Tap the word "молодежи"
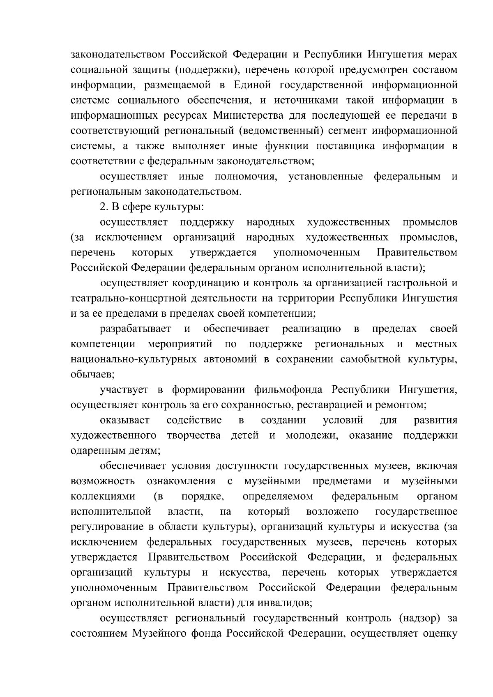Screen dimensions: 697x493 [312, 435]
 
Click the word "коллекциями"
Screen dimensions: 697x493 [103, 496]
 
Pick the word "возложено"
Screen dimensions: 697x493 [333, 511]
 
